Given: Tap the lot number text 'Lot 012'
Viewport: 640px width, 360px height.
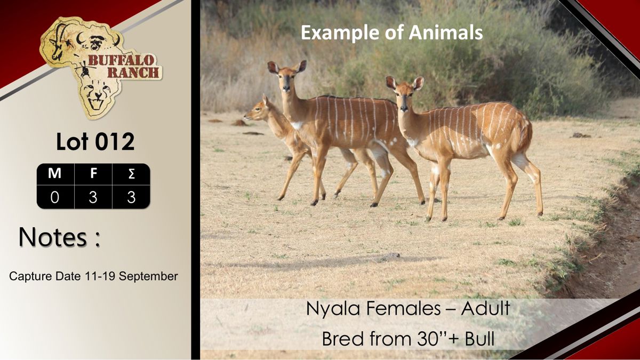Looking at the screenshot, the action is [95, 142].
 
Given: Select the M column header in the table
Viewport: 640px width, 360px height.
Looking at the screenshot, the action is [54, 173].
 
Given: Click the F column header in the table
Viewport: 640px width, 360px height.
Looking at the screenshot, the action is [93, 173].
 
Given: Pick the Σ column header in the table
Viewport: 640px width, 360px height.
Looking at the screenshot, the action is [131, 174].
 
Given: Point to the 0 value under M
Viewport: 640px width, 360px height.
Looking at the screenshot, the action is [54, 197].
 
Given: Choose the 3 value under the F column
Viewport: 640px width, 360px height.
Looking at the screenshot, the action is [93, 197].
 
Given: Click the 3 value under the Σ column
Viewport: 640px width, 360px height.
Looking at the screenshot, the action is [131, 197].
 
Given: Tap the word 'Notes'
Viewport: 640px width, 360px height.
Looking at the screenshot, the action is [53, 237].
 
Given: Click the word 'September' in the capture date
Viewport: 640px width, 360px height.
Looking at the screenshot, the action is [148, 277].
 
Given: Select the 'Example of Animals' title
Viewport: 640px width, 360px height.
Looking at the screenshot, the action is [391, 33].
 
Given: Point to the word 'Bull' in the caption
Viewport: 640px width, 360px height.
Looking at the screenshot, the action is [479, 339].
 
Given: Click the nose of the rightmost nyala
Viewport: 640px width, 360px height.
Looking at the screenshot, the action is [404, 109].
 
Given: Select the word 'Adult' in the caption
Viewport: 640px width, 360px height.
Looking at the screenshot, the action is [485, 308].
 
